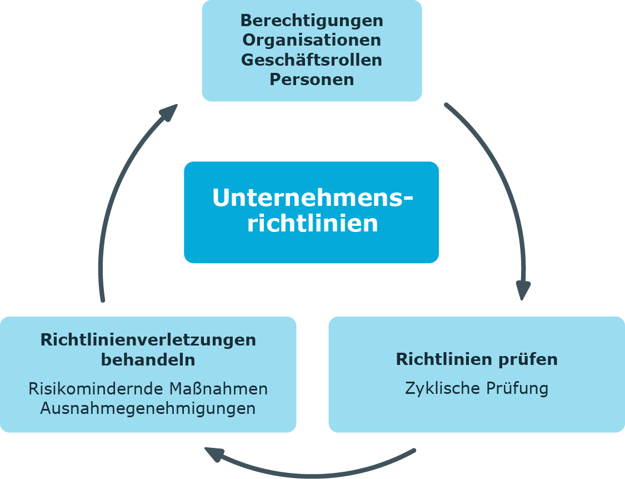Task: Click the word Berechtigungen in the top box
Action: (312, 21)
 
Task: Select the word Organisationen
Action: (312, 41)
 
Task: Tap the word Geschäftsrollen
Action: (312, 60)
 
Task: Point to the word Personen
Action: (312, 80)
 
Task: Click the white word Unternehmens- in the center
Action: (313, 199)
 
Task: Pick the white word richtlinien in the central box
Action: (313, 224)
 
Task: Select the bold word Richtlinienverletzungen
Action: (148, 339)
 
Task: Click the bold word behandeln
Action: (148, 359)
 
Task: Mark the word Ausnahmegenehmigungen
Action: (148, 408)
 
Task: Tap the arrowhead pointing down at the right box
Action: (523, 290)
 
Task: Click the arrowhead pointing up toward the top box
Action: (168, 112)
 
